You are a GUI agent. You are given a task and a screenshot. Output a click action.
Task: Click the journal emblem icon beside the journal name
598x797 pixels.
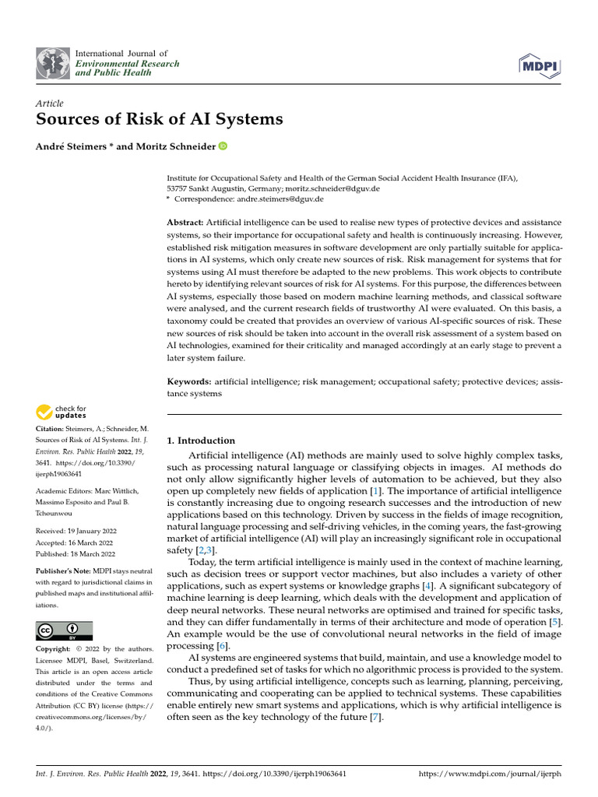pos(53,63)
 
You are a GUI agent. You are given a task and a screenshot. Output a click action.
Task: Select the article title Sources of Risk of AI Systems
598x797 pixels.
pos(160,120)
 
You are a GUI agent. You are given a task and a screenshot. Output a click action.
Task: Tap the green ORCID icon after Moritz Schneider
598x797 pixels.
pos(223,146)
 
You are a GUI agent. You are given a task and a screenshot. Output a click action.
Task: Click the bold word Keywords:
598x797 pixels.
pos(189,381)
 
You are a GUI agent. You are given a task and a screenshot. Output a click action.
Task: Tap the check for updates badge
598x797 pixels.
pos(62,412)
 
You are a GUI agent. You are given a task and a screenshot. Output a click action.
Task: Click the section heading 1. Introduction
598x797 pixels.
pos(201,441)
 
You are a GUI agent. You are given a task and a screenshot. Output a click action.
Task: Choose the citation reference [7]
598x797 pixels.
pos(376,716)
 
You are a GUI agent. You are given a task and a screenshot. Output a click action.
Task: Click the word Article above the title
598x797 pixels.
pos(49,104)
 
